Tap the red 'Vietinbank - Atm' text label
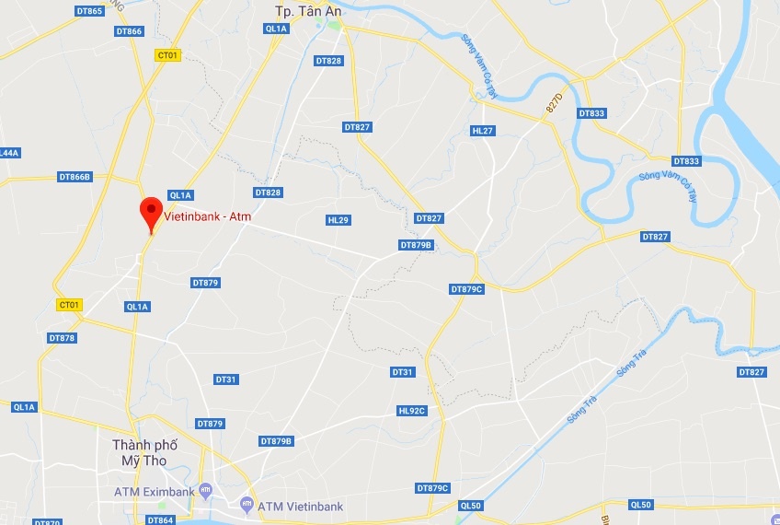tap(207, 216)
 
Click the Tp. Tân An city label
tap(307, 11)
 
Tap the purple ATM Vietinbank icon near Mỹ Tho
tap(246, 505)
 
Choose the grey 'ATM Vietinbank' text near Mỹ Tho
tap(301, 506)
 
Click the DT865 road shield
tap(89, 11)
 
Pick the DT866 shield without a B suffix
tap(130, 31)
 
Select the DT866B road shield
tap(75, 176)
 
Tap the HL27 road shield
tap(482, 131)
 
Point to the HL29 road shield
tap(338, 220)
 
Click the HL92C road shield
tap(412, 411)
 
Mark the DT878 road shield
tap(62, 338)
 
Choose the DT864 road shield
tap(160, 520)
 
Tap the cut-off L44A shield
tap(9, 153)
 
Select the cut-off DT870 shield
tap(48, 521)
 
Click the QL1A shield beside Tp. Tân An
tap(276, 29)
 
